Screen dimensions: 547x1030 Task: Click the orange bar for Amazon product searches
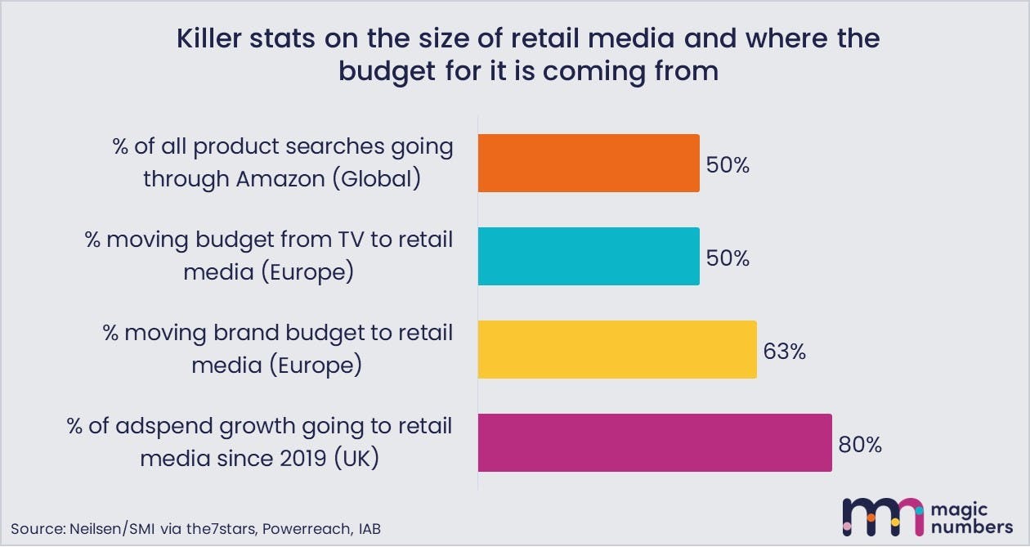589,164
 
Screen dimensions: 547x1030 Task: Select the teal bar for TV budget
589,257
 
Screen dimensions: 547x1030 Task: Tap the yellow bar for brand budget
617,350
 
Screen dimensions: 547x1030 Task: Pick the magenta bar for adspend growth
654,443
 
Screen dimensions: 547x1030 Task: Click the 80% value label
860,445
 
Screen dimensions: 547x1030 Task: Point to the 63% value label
784,352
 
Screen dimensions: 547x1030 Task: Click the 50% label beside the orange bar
727,165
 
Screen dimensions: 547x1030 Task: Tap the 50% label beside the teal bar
727,258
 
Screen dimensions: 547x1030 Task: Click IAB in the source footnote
368,528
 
